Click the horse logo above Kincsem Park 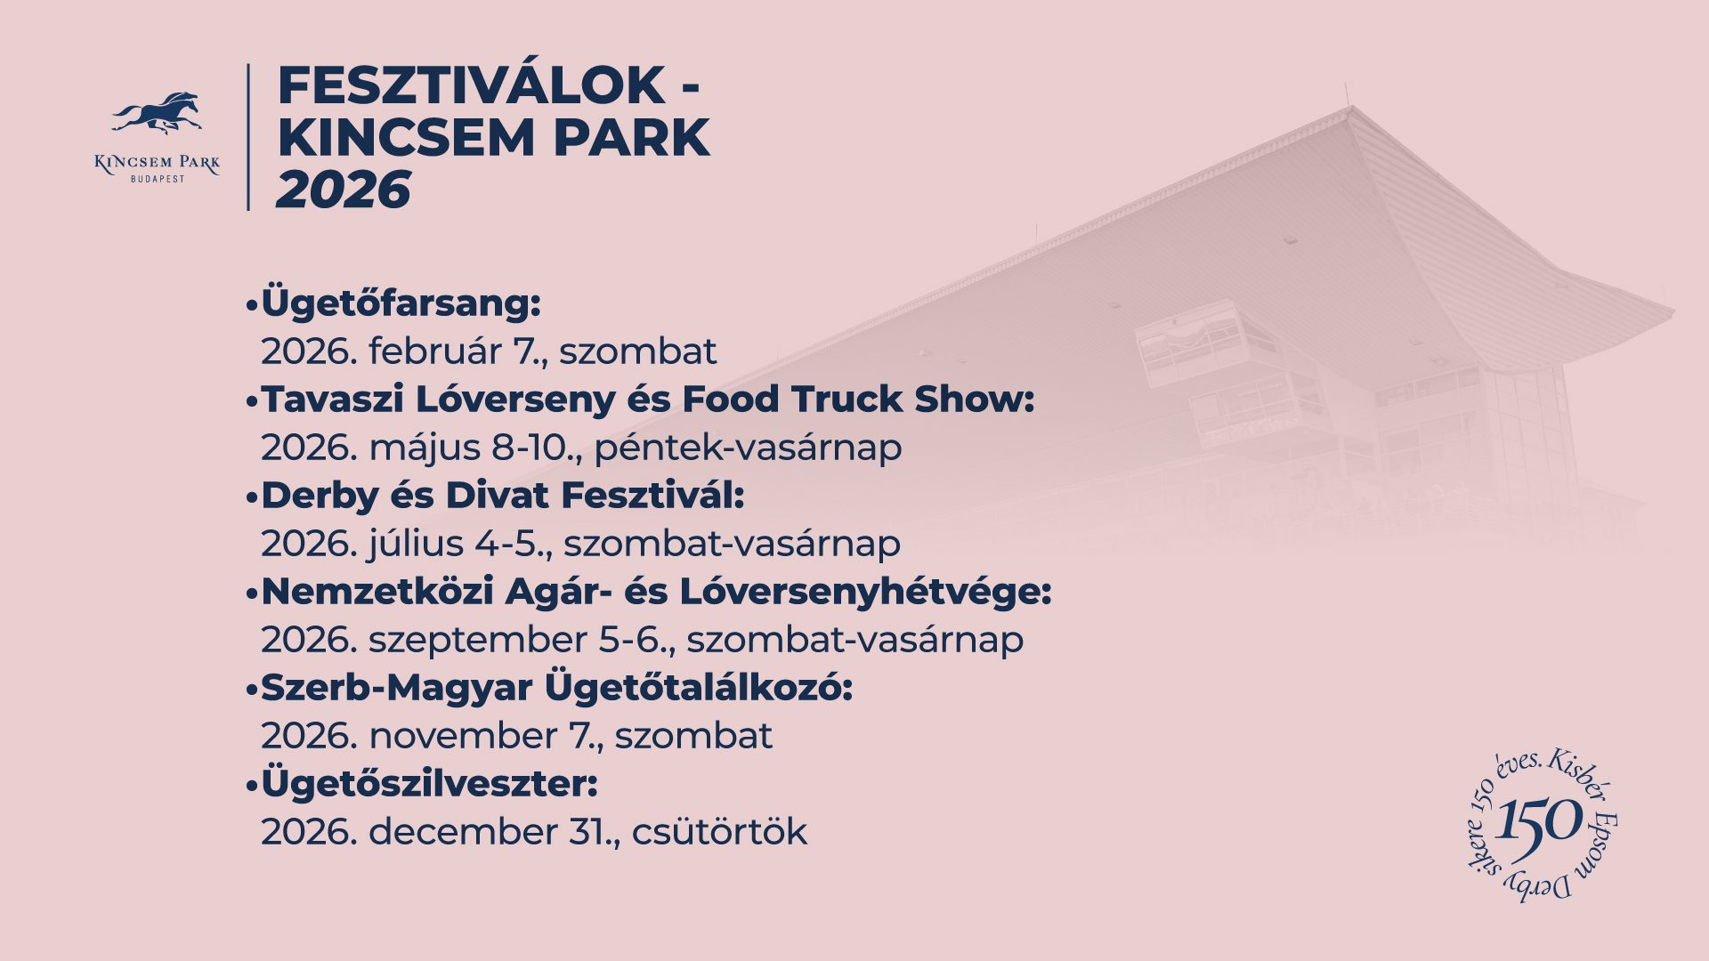click(158, 114)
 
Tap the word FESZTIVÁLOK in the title click(472, 86)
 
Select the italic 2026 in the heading click(344, 190)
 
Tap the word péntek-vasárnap click(748, 448)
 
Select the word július click(417, 544)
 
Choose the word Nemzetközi click(377, 592)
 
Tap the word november click(463, 737)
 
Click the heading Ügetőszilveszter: click(429, 785)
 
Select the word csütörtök click(719, 833)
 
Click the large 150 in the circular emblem click(1541, 820)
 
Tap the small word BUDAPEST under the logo click(158, 179)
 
